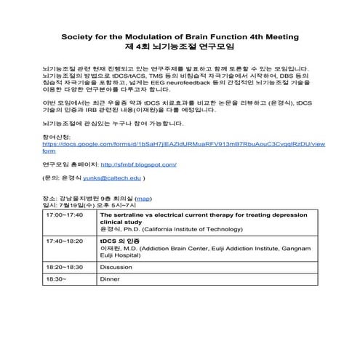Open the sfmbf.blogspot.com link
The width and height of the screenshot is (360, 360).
[138, 164]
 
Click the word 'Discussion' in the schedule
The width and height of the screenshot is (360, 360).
[116, 266]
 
